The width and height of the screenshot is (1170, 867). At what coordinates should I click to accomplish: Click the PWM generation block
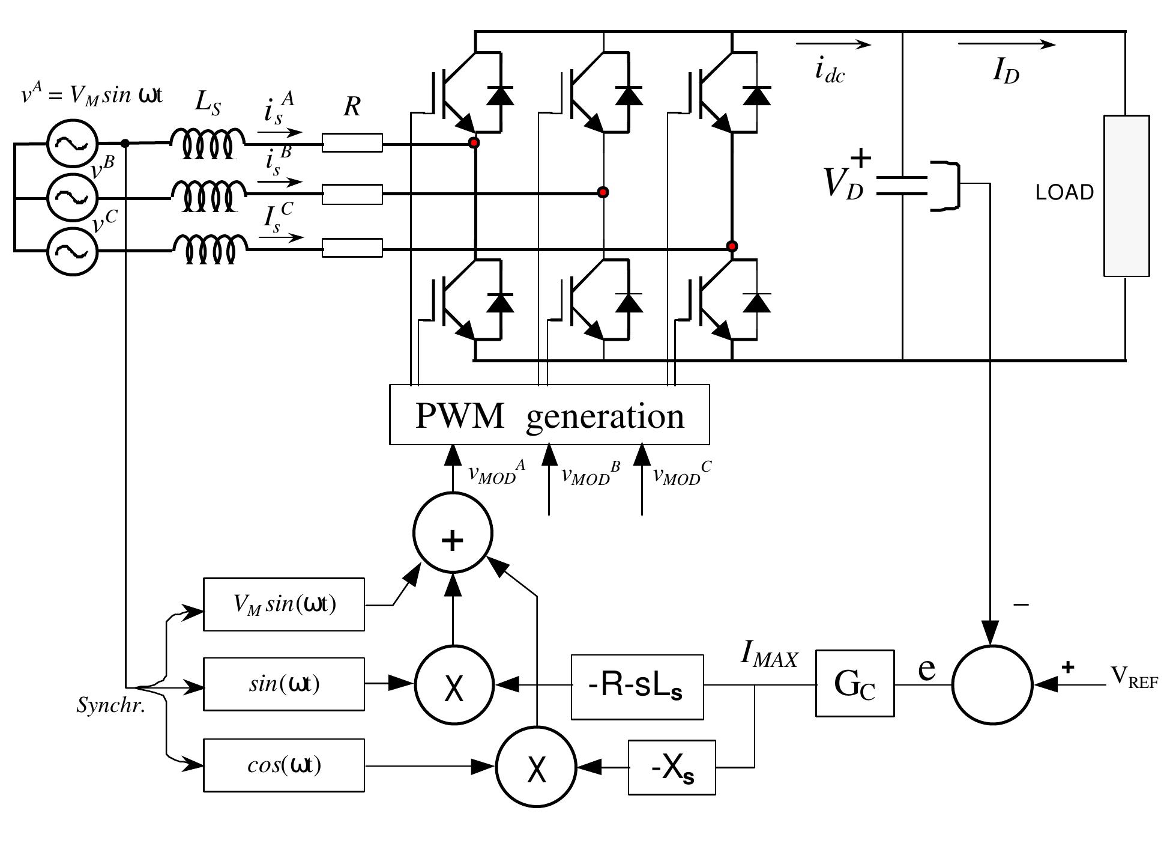[549, 415]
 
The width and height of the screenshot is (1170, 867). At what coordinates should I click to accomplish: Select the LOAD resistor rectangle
[1126, 196]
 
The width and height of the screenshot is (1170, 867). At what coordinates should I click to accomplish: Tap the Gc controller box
[854, 683]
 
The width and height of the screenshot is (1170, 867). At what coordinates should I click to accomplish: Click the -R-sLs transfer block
[637, 687]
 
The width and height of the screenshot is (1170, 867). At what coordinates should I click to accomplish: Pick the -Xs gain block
[672, 768]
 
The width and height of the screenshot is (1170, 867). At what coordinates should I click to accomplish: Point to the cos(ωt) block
[284, 765]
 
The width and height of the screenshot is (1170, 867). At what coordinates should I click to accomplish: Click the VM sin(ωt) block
[284, 604]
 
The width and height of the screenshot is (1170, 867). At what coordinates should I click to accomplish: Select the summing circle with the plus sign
[453, 533]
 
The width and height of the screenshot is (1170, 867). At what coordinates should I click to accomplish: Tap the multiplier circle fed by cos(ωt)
[536, 767]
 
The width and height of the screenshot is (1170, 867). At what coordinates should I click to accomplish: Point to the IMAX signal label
[769, 654]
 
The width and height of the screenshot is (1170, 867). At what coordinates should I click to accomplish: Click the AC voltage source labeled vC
[72, 252]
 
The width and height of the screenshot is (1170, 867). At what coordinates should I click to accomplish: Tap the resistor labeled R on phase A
[352, 143]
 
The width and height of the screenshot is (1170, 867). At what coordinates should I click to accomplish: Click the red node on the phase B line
[603, 192]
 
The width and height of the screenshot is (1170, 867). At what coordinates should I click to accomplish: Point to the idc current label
[830, 70]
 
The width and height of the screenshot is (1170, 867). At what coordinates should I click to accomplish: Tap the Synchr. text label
[111, 705]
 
